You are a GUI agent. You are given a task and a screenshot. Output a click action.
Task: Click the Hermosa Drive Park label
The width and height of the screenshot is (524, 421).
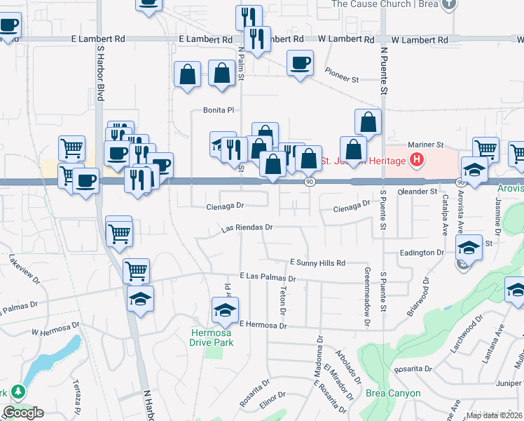[x=211, y=338]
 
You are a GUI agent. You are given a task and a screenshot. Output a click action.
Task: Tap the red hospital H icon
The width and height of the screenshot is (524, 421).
[x=418, y=161]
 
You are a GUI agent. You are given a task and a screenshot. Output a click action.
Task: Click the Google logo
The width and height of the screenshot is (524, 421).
[x=23, y=413]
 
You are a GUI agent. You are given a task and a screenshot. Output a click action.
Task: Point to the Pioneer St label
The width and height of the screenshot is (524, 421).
[x=342, y=72]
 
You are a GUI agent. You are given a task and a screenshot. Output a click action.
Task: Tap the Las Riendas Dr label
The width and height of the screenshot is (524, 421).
[x=246, y=228]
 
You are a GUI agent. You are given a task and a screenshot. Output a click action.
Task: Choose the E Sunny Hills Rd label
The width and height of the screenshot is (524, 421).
[x=317, y=263]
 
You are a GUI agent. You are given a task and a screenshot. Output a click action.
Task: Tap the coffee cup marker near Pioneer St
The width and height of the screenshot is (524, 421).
[x=301, y=64]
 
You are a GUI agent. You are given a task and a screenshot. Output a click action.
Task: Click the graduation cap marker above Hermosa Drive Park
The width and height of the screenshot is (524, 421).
[x=226, y=310]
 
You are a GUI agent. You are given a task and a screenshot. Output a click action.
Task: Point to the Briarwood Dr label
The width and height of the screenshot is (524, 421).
[x=420, y=300]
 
